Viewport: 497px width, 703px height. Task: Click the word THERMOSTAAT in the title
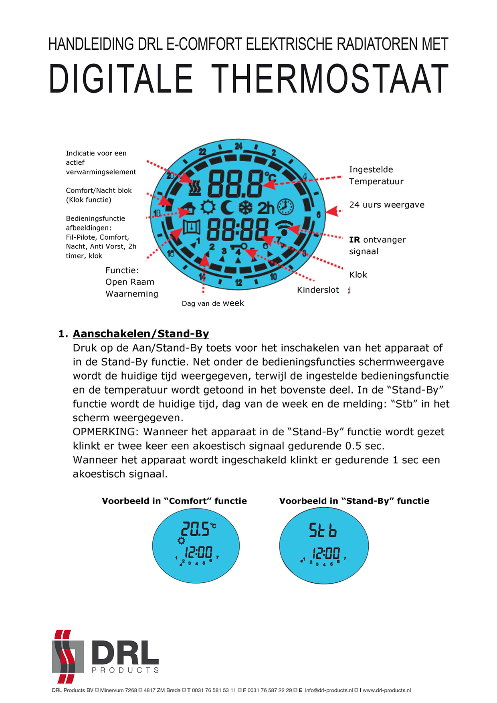tap(329, 79)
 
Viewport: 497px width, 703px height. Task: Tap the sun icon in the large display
tap(208, 207)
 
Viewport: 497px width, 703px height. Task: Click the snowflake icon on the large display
tap(246, 207)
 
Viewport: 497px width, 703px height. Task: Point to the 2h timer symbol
tap(265, 208)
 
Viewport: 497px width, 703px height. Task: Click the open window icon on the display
tap(192, 227)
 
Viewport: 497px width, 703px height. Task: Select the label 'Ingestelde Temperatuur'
tap(376, 176)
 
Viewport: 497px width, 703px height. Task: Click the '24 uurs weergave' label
tap(386, 205)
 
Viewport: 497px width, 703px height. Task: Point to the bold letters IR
tap(354, 240)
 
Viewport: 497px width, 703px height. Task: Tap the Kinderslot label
tap(318, 290)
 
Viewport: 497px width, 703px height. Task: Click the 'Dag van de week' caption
tap(213, 303)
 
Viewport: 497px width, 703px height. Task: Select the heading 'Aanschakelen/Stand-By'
tap(141, 334)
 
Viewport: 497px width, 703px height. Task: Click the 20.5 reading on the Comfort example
tap(195, 529)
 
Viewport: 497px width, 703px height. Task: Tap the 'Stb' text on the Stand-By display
tap(323, 530)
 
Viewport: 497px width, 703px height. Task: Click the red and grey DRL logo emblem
tap(67, 656)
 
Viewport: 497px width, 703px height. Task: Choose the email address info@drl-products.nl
tap(329, 690)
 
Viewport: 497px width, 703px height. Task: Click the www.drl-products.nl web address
tap(387, 690)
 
